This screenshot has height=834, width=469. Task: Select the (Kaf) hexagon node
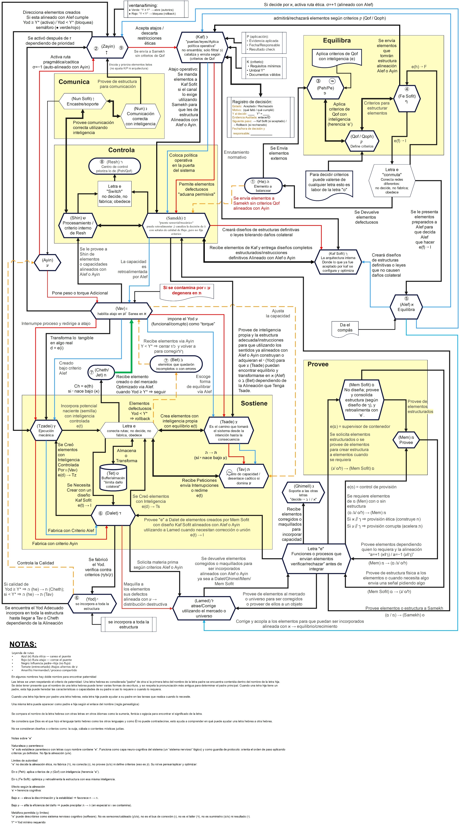tap(202, 48)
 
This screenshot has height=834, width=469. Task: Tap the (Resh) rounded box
tap(115, 166)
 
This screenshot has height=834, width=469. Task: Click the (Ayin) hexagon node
tap(47, 262)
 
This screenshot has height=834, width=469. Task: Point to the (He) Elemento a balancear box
tap(263, 186)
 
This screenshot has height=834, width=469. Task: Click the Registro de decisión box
tap(261, 117)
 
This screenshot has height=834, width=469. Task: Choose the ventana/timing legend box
tap(156, 9)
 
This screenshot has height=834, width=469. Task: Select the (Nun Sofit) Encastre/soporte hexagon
tap(83, 101)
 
